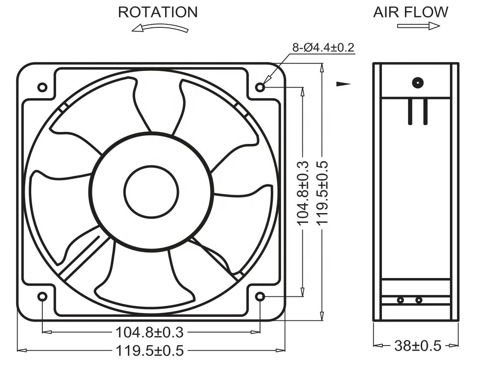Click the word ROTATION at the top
click(158, 12)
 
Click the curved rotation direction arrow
click(160, 28)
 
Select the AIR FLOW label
click(411, 12)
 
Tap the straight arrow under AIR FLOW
click(418, 26)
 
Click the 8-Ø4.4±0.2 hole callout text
click(323, 47)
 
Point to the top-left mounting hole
click(42, 87)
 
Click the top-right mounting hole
click(260, 87)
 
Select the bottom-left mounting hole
click(42, 296)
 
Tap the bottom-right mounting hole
click(260, 296)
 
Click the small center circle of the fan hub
click(151, 192)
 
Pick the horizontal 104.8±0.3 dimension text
click(149, 332)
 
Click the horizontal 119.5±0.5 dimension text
click(150, 351)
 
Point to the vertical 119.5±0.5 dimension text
click(322, 193)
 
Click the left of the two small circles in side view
click(400, 300)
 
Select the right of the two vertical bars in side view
click(425, 111)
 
